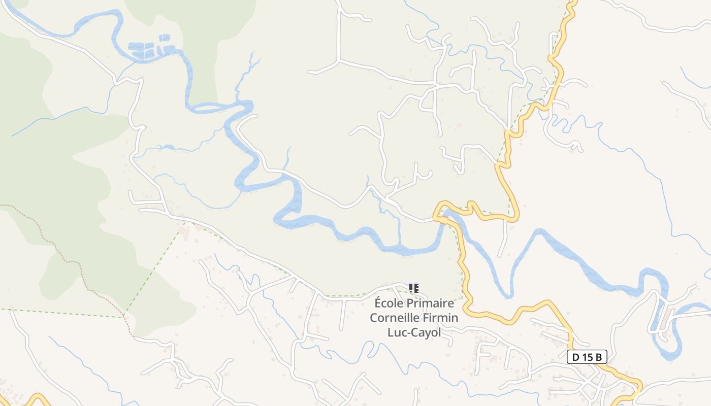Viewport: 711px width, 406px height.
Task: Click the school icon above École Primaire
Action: (414, 288)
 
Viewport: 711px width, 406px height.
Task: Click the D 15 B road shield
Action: (587, 357)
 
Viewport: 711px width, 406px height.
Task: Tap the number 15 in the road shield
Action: (588, 357)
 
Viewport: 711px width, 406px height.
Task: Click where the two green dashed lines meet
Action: (124, 317)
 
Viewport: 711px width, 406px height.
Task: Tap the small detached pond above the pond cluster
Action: (165, 38)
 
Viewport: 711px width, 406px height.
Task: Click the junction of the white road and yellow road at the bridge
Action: (436, 219)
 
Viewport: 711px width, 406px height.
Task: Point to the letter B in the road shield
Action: (599, 357)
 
